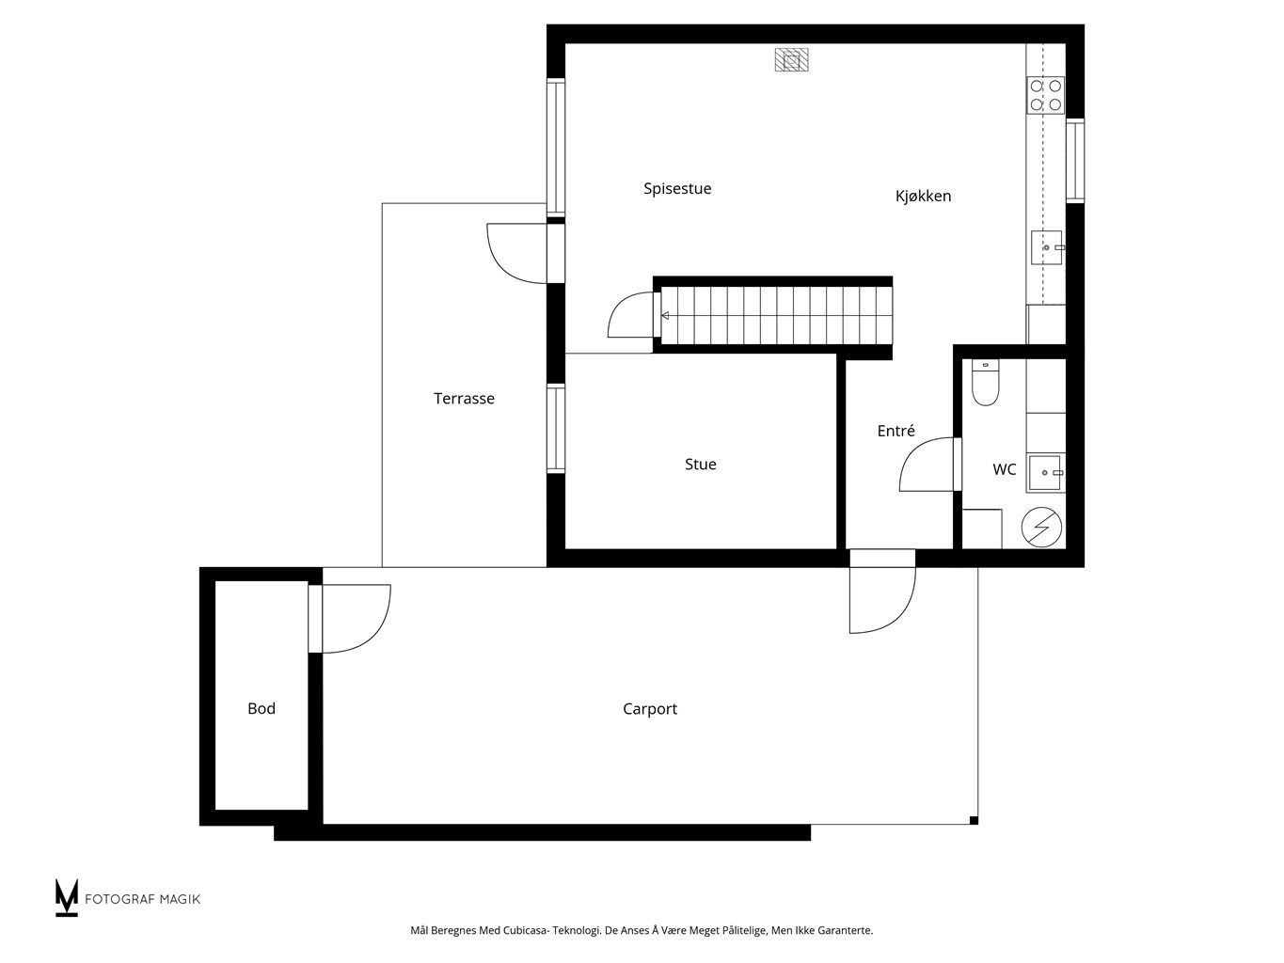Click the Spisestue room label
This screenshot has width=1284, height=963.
coord(677,189)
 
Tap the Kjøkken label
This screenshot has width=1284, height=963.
coord(923,196)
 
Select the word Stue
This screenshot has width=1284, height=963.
coord(700,465)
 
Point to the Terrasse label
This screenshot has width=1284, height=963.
coord(464,399)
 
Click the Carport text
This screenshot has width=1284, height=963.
coord(649,709)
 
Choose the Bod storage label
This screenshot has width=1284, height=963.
coord(261,709)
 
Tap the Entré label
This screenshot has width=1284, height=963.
coord(896,431)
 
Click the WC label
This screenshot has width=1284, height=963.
coord(1004,469)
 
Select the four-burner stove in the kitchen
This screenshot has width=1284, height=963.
coord(1045,95)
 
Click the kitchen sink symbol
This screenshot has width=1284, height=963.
coord(1047,247)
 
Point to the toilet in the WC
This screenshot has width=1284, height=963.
coord(985,383)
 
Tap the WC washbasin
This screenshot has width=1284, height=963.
coord(1045,472)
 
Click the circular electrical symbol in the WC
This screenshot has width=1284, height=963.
coord(1041,528)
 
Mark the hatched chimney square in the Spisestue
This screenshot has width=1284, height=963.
coord(791,59)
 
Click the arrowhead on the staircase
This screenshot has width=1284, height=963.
coord(665,316)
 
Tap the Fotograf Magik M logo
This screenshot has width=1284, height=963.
coord(66,897)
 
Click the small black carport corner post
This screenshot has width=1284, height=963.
coord(974,821)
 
